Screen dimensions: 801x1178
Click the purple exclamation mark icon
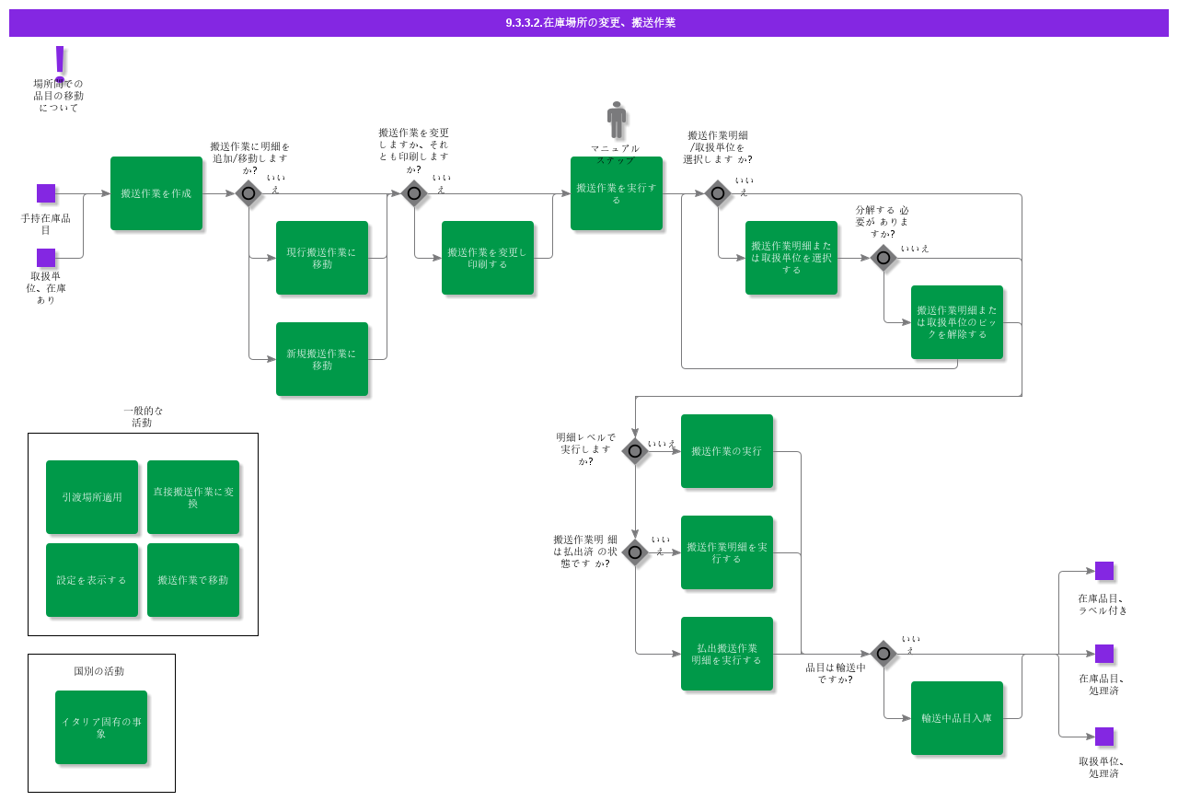(x=60, y=63)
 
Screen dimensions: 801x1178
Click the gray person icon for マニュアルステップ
(x=617, y=120)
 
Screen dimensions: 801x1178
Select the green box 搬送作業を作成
(x=156, y=193)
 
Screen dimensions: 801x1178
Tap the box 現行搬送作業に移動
(x=322, y=258)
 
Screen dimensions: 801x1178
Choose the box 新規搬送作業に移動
(x=322, y=359)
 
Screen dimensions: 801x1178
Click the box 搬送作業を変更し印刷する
(x=488, y=258)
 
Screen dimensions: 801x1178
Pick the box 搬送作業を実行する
(x=617, y=193)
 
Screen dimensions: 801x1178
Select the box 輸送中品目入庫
(x=957, y=718)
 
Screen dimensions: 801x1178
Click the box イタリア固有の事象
(x=101, y=727)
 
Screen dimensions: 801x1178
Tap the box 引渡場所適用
(x=92, y=497)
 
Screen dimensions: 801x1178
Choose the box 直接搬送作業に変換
(x=193, y=497)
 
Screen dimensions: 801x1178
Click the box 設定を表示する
(x=92, y=580)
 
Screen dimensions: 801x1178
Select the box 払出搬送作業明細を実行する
(x=727, y=654)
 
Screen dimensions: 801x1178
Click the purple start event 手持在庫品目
(x=46, y=193)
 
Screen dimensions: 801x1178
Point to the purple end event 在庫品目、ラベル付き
(x=1104, y=571)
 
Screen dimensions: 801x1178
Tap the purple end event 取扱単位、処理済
(x=1104, y=737)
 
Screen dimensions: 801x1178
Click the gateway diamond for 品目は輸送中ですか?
(x=883, y=654)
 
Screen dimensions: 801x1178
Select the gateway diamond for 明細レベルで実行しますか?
(x=635, y=451)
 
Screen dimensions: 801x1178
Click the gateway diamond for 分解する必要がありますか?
(x=883, y=258)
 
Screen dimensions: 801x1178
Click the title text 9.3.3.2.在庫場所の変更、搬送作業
(x=590, y=23)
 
